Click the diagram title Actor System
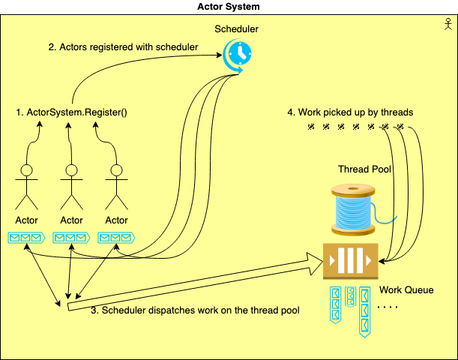point(229,7)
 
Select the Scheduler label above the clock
point(236,29)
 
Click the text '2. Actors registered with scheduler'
point(123,47)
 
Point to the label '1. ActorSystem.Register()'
point(71,112)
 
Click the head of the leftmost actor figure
point(26,170)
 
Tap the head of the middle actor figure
point(71,170)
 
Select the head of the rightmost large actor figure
point(116,170)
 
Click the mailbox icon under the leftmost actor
point(26,238)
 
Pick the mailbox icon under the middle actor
point(71,238)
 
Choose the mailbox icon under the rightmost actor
point(116,238)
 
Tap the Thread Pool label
point(364,169)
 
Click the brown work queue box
point(351,261)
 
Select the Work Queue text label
point(406,289)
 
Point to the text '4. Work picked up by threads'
point(350,112)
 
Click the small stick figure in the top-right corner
point(448,24)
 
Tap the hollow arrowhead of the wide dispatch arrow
point(316,263)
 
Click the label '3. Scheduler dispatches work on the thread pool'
point(195,310)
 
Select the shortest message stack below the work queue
point(351,296)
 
